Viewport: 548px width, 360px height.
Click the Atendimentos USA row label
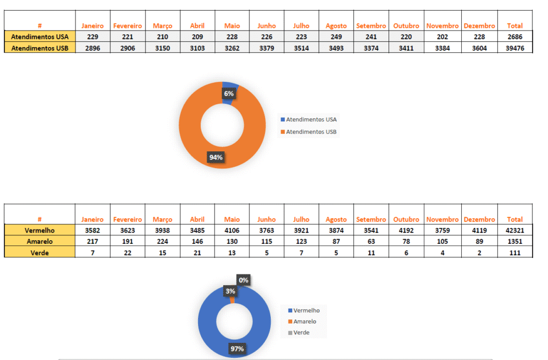40,36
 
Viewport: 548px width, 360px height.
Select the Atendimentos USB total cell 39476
514,48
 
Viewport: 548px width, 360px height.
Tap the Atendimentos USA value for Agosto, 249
336,36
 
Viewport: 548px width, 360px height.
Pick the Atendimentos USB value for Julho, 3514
301,48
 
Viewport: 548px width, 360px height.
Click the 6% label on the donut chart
229,94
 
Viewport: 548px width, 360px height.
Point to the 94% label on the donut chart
216,157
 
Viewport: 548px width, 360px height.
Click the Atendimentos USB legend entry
311,132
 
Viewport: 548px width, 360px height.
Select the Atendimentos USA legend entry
311,119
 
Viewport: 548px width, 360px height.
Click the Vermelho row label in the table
40,230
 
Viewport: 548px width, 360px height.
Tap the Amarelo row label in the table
40,241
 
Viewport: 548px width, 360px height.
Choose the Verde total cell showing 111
514,252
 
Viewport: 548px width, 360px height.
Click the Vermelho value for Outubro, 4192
406,230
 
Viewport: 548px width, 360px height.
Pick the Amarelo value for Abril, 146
197,241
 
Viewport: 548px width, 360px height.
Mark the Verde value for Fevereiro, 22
127,252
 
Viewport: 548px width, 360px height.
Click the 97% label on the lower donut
237,349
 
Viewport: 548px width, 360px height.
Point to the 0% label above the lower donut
243,280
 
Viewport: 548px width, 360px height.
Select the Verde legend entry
301,333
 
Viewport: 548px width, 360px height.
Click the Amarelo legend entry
305,321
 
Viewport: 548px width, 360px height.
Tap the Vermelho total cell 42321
514,230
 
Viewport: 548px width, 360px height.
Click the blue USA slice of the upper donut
231,85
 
